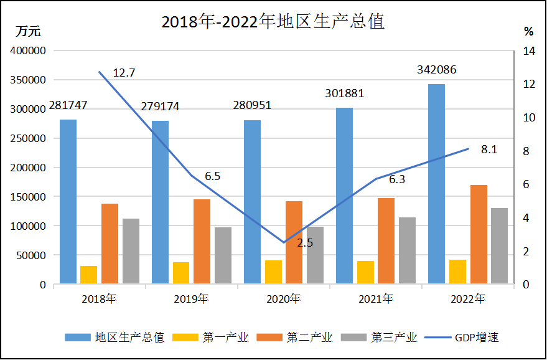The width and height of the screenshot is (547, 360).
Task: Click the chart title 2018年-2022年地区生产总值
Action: [x=273, y=22]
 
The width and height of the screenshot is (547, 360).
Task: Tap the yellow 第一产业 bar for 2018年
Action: [x=89, y=275]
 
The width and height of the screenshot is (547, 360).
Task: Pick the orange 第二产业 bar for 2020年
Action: [x=294, y=242]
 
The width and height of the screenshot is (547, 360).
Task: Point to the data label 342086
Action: [x=436, y=70]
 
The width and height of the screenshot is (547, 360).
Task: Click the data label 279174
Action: [x=160, y=107]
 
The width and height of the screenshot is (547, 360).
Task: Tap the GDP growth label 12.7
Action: [x=124, y=73]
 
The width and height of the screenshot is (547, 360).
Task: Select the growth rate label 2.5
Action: [x=305, y=243]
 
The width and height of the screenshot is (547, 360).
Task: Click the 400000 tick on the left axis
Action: [x=29, y=51]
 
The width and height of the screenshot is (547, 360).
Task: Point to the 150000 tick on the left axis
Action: [x=29, y=197]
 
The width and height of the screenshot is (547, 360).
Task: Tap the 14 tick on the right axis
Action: [x=528, y=51]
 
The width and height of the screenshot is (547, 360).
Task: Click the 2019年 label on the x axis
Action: [x=191, y=299]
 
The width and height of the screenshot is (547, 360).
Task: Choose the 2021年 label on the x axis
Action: [x=375, y=299]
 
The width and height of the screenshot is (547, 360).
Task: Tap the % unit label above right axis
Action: [x=528, y=31]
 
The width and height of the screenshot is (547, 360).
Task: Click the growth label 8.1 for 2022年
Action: [x=489, y=149]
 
